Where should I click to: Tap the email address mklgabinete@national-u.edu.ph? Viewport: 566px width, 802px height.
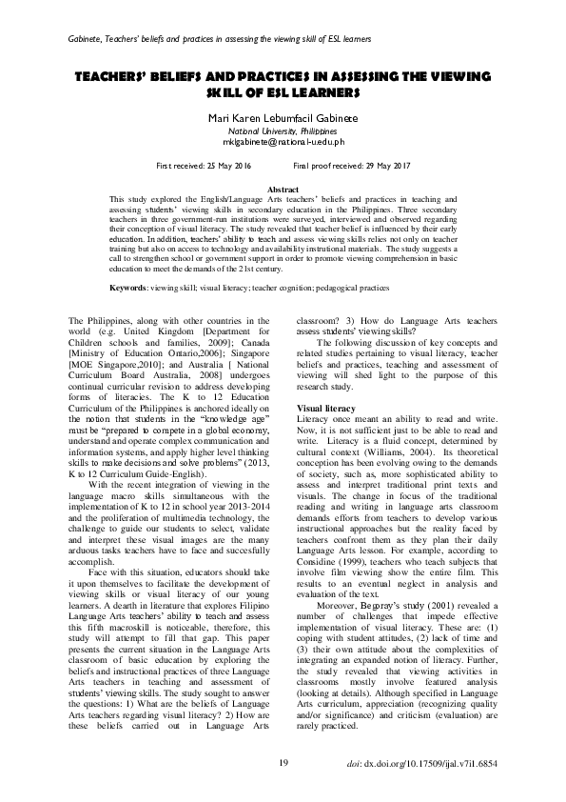[x=283, y=141]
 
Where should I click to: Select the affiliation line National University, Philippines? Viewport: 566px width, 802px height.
[x=283, y=130]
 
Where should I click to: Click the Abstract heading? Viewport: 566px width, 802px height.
[x=283, y=190]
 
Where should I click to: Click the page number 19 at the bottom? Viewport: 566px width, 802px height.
[x=283, y=763]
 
